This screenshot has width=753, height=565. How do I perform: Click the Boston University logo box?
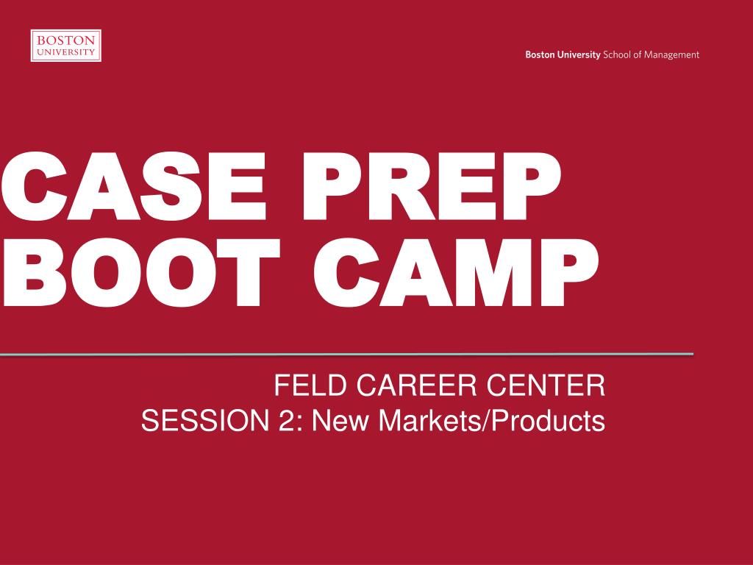(65, 46)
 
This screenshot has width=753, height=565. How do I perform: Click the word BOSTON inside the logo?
(65, 40)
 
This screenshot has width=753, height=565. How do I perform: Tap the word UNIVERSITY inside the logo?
(65, 52)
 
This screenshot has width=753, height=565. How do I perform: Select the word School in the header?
(617, 54)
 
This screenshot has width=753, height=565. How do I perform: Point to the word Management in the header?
(671, 55)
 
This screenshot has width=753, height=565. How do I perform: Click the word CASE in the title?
(134, 186)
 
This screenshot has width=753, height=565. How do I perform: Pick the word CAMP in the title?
(456, 272)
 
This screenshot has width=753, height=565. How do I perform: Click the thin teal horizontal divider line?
(347, 355)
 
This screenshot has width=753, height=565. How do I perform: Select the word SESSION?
(205, 420)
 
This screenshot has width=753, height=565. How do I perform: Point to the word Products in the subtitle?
(547, 420)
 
